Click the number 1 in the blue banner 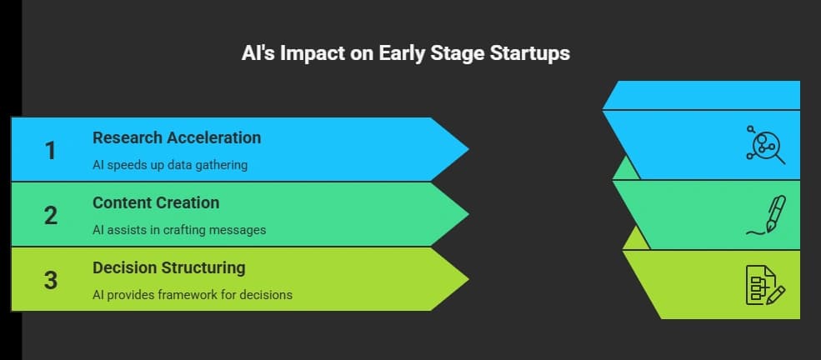[x=51, y=150]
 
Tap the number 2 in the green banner [x=51, y=215]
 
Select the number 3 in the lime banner [x=51, y=280]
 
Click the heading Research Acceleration [x=177, y=137]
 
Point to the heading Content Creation [x=156, y=202]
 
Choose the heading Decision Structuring [x=169, y=267]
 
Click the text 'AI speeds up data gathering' [x=170, y=165]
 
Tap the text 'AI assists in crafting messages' [x=179, y=229]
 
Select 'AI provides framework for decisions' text [x=193, y=294]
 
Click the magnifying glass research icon [x=763, y=145]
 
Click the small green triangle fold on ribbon [x=626, y=170]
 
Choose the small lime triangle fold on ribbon [x=636, y=240]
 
